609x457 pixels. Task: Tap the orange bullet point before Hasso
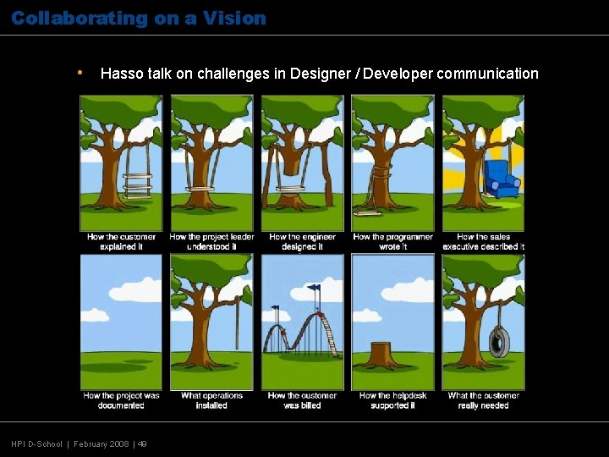pyautogui.click(x=79, y=73)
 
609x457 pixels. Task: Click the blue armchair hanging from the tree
pyautogui.click(x=501, y=179)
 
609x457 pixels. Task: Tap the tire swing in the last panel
pyautogui.click(x=499, y=342)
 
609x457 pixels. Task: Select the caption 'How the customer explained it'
pyautogui.click(x=121, y=242)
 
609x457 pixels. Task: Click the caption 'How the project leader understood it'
pyautogui.click(x=211, y=242)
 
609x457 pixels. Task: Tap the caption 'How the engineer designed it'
pyautogui.click(x=302, y=242)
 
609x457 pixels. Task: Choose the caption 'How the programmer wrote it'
pyautogui.click(x=392, y=242)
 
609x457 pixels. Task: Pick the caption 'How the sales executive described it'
pyautogui.click(x=483, y=242)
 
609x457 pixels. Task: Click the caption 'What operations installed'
pyautogui.click(x=211, y=400)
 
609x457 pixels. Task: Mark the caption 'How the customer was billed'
pyautogui.click(x=302, y=400)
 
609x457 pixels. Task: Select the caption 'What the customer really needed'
pyautogui.click(x=483, y=400)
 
